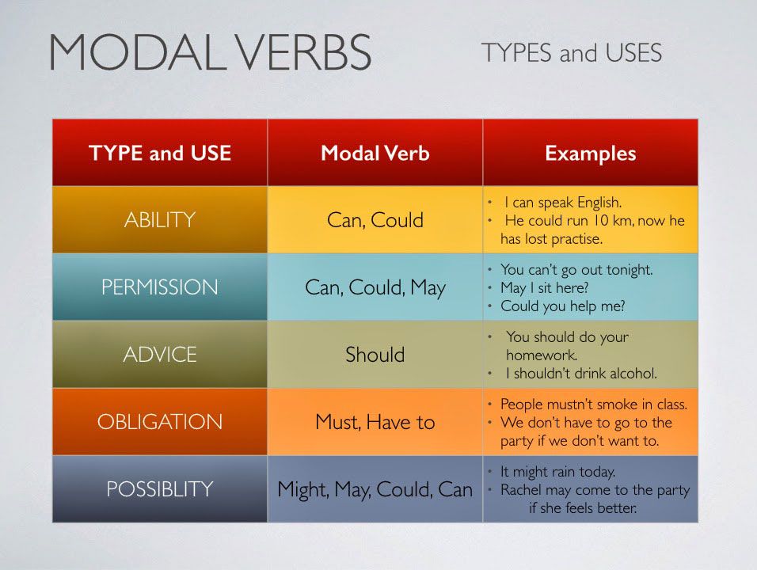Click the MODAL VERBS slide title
[210, 52]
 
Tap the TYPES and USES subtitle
[571, 52]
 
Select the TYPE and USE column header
[160, 153]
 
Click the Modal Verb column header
[375, 153]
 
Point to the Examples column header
[591, 154]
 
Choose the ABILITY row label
[160, 220]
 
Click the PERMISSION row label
[160, 287]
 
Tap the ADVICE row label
[160, 355]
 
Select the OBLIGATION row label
[160, 422]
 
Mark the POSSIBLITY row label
[160, 489]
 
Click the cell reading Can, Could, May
[375, 287]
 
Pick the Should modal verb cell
[375, 355]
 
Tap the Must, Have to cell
[375, 422]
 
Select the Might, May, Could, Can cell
[375, 489]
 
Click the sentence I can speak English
[563, 202]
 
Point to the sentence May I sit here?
[545, 287]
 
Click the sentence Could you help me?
[563, 306]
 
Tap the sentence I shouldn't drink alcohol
[581, 373]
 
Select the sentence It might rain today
[557, 472]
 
